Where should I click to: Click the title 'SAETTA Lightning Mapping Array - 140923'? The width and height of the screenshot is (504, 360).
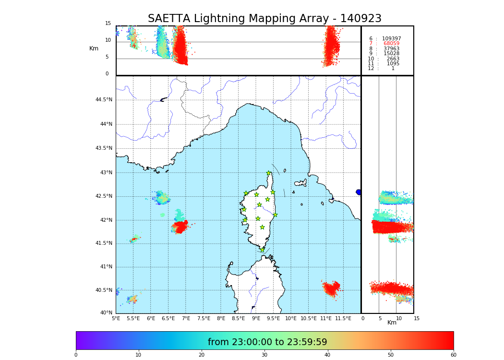click(x=264, y=19)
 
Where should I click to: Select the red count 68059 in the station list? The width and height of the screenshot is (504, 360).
click(x=391, y=44)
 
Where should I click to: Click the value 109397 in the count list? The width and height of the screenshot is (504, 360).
click(x=391, y=38)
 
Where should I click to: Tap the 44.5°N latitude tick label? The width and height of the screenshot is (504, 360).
click(x=104, y=100)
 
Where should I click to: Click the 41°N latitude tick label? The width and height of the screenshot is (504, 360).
click(x=105, y=267)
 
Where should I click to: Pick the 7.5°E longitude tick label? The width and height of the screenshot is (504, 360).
click(x=204, y=318)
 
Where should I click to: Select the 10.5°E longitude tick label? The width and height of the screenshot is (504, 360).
click(x=309, y=318)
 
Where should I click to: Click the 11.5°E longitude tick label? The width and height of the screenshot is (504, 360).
click(x=343, y=318)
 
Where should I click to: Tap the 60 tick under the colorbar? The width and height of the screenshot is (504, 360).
click(x=453, y=355)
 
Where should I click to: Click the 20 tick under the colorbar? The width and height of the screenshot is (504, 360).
click(x=202, y=355)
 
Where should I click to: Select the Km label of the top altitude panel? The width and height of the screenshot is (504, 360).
click(x=94, y=48)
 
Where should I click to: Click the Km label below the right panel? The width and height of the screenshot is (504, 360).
click(x=392, y=323)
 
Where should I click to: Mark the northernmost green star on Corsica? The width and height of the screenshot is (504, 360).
click(x=269, y=173)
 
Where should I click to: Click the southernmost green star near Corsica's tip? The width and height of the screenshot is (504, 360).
click(x=262, y=250)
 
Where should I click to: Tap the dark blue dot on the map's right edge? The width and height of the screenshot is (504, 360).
click(x=359, y=192)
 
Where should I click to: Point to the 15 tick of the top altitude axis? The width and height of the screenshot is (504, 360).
click(x=108, y=24)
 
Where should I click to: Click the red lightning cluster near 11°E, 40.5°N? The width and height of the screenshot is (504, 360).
click(x=331, y=288)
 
